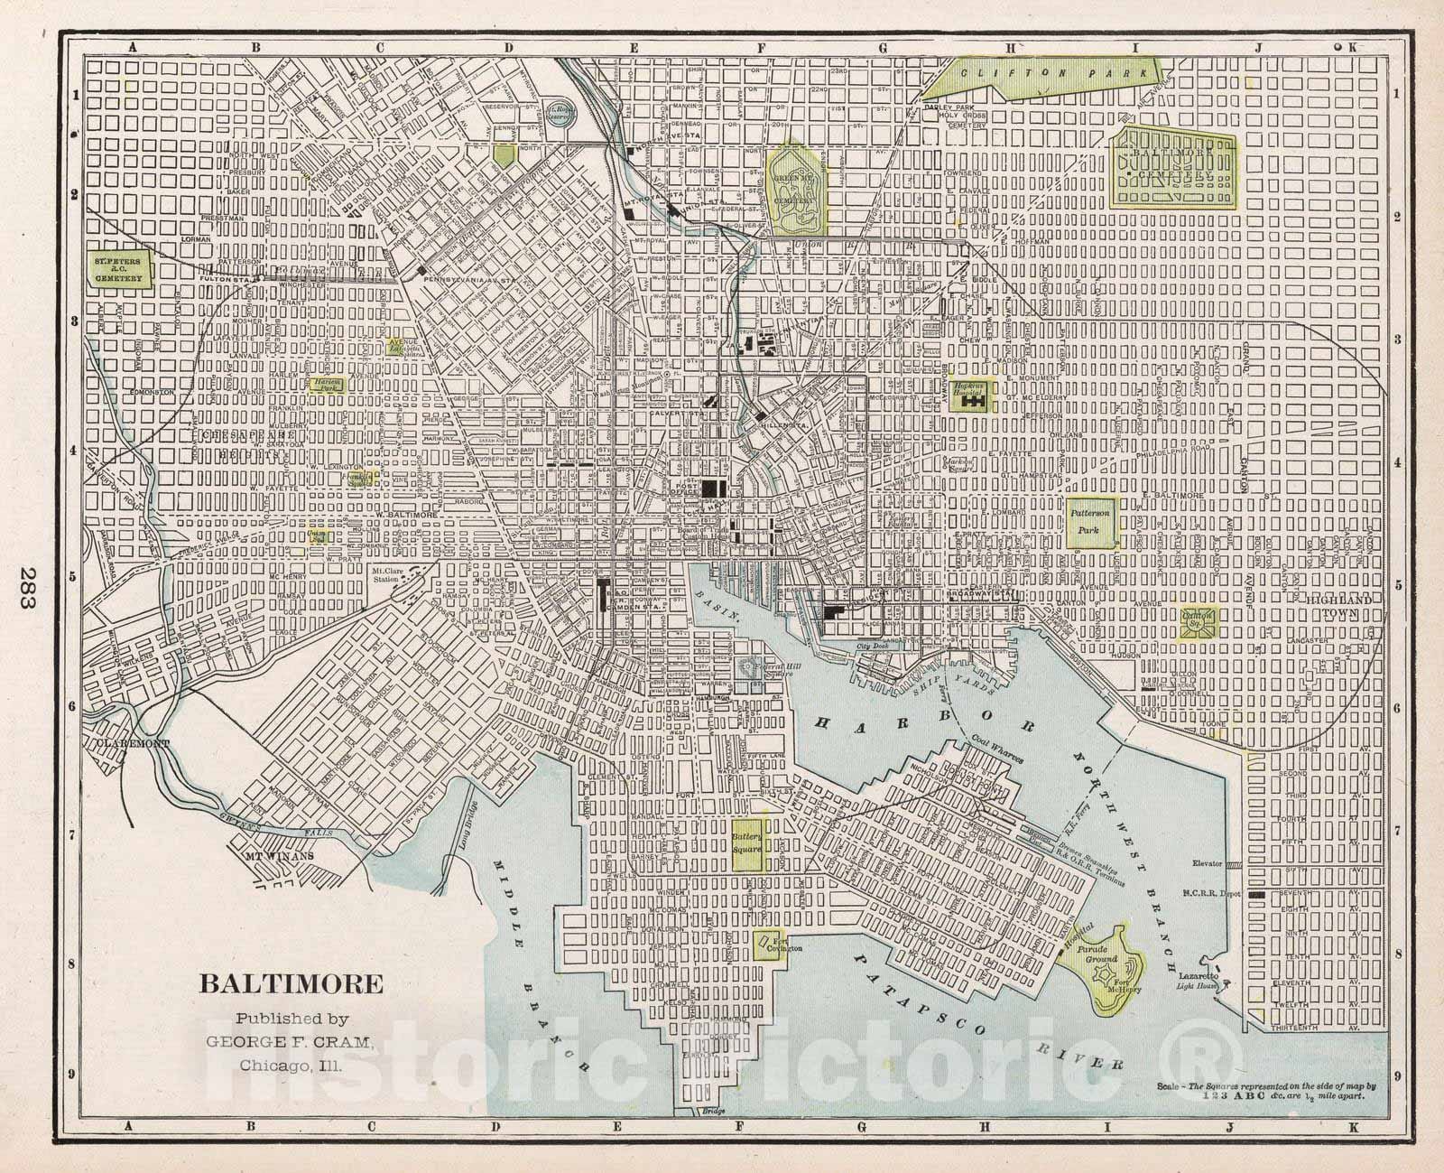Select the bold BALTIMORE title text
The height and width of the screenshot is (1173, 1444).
291,983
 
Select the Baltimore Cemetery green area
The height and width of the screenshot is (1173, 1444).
1171,166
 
